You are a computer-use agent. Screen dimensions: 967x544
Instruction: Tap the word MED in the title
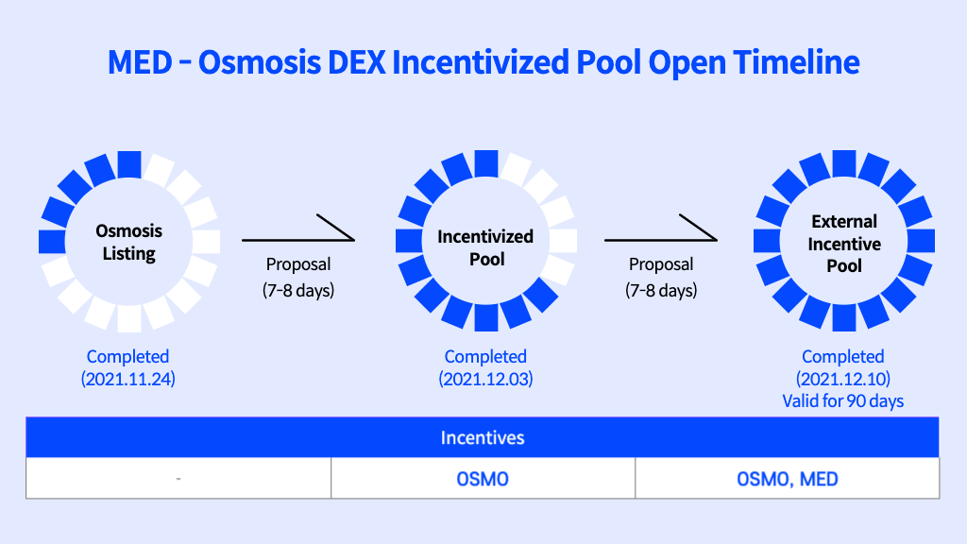click(x=140, y=62)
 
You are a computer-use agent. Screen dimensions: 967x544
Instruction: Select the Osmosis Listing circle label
click(x=128, y=242)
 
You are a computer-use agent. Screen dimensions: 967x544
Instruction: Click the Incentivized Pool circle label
click(x=485, y=247)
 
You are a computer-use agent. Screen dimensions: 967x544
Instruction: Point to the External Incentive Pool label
click(x=843, y=244)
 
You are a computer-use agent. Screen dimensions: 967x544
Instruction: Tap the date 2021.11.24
click(x=128, y=379)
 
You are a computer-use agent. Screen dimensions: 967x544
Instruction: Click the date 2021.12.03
click(x=485, y=379)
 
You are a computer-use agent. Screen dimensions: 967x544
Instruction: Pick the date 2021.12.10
click(x=843, y=379)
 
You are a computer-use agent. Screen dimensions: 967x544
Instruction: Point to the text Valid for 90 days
click(x=843, y=400)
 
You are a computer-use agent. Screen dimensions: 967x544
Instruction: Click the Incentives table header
click(x=483, y=437)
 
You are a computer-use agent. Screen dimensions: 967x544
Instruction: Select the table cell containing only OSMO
click(x=483, y=478)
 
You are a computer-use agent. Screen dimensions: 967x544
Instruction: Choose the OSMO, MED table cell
click(x=788, y=478)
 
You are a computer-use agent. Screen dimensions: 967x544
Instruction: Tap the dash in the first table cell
click(x=178, y=479)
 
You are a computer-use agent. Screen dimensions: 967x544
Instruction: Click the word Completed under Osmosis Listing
click(x=127, y=356)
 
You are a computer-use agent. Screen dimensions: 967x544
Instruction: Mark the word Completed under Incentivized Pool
click(x=485, y=356)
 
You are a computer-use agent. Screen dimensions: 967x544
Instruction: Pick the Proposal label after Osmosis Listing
click(x=298, y=264)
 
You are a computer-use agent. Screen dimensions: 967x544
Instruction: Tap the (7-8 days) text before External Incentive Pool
click(x=661, y=290)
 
